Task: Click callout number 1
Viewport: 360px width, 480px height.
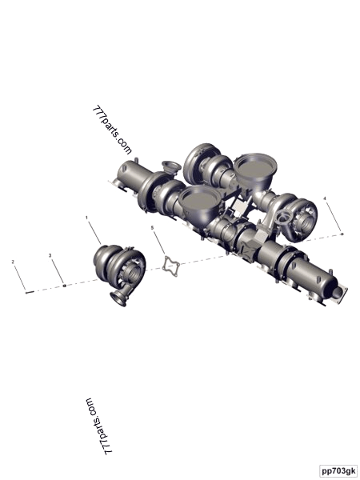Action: click(x=87, y=217)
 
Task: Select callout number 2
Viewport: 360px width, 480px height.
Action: click(x=13, y=261)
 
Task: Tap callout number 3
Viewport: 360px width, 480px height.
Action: click(x=50, y=255)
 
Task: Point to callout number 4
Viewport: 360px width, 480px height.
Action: click(x=325, y=197)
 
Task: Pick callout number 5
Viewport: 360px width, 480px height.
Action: click(x=152, y=228)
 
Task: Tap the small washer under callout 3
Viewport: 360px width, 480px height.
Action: click(x=64, y=283)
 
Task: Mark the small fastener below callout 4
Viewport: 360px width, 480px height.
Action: click(x=342, y=234)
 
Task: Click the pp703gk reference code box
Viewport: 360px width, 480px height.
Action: click(x=338, y=470)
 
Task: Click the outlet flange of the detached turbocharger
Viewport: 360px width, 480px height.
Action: click(x=117, y=298)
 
